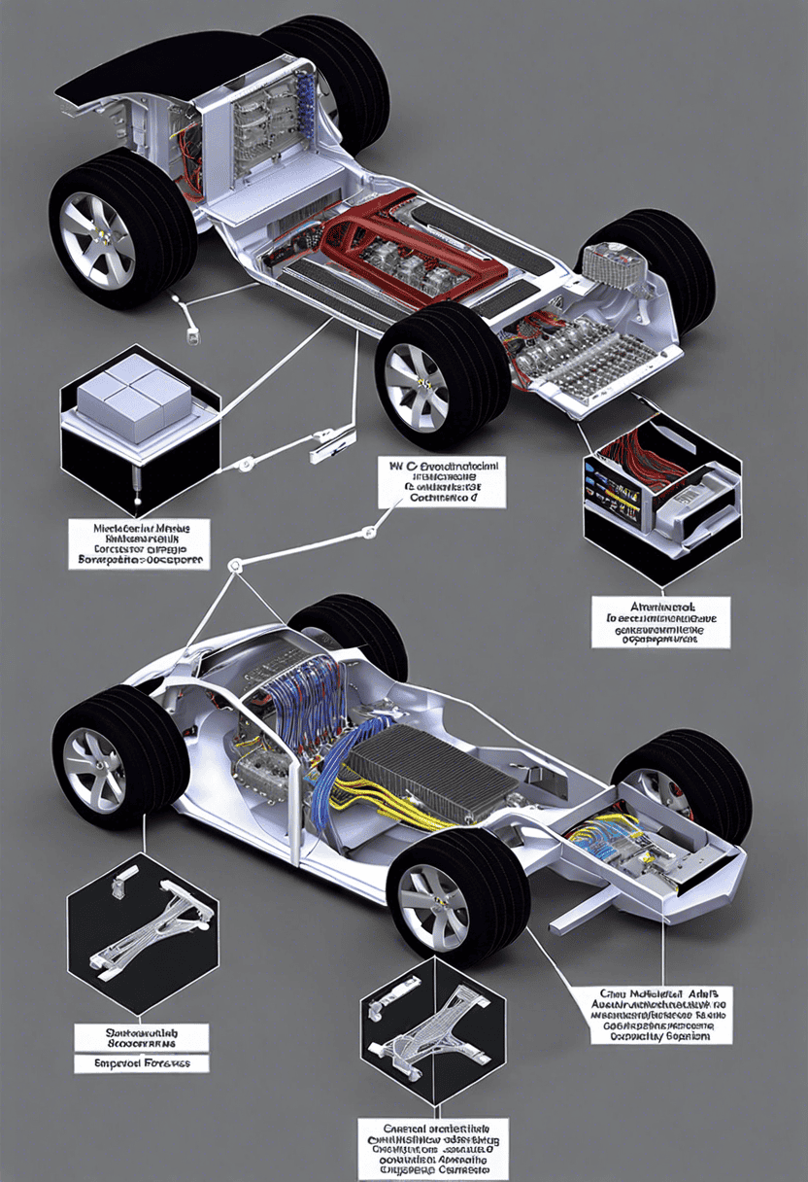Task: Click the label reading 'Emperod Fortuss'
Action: (142, 1062)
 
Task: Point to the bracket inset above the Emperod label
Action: (142, 929)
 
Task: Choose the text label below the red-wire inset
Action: (660, 623)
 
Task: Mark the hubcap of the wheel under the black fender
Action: (98, 226)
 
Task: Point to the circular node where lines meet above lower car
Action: (234, 566)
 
